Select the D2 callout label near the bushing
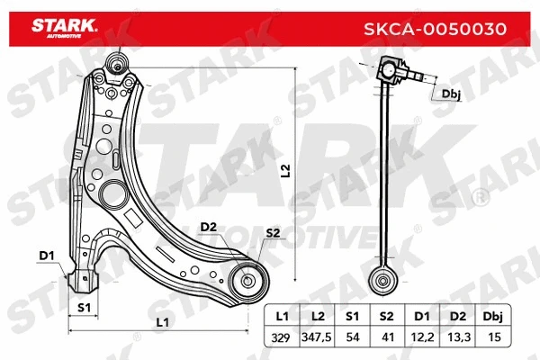point(208,226)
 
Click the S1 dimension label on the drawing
point(84,309)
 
